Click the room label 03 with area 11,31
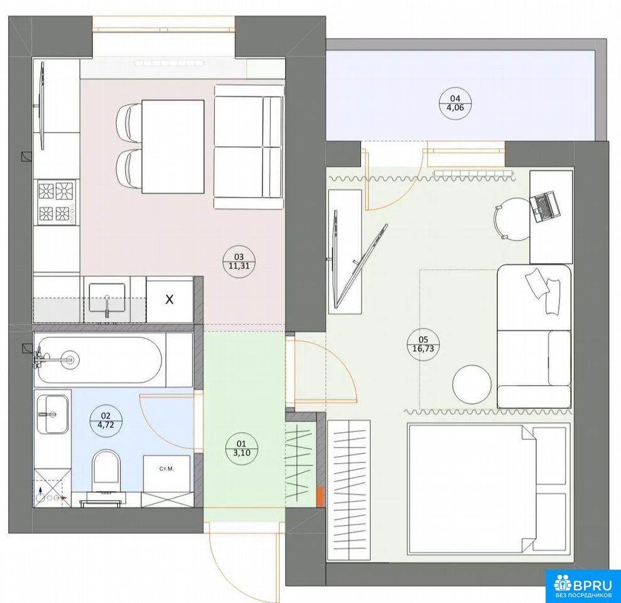click(239, 261)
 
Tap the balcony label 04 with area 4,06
click(455, 103)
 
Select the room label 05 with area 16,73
click(423, 344)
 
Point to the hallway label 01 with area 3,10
click(241, 448)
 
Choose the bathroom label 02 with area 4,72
click(105, 420)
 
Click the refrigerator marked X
click(170, 300)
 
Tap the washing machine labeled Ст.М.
click(167, 473)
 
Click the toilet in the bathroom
click(105, 472)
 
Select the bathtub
click(100, 360)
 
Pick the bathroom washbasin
click(53, 414)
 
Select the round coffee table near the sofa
click(472, 384)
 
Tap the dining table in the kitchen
click(173, 146)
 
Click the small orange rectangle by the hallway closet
click(320, 496)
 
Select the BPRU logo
click(583, 586)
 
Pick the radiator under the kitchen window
click(169, 63)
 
